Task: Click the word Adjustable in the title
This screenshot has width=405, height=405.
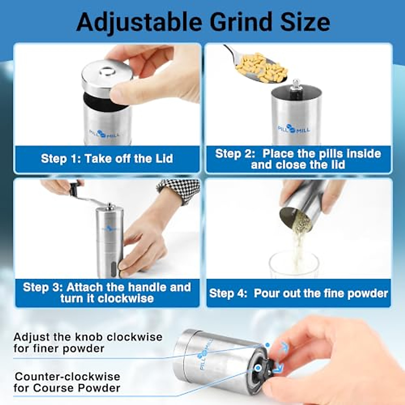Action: (x=138, y=22)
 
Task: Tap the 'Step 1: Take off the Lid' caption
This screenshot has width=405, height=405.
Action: (x=107, y=159)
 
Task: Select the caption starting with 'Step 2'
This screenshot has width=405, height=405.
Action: (x=298, y=159)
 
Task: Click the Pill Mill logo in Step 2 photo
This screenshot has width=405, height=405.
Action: (x=293, y=129)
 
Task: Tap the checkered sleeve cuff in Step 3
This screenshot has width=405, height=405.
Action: (x=179, y=189)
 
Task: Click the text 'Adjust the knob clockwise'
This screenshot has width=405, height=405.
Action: (x=88, y=337)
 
